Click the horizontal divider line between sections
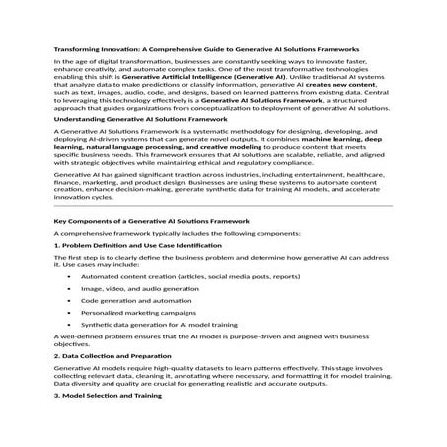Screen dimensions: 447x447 pos(223,234)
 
